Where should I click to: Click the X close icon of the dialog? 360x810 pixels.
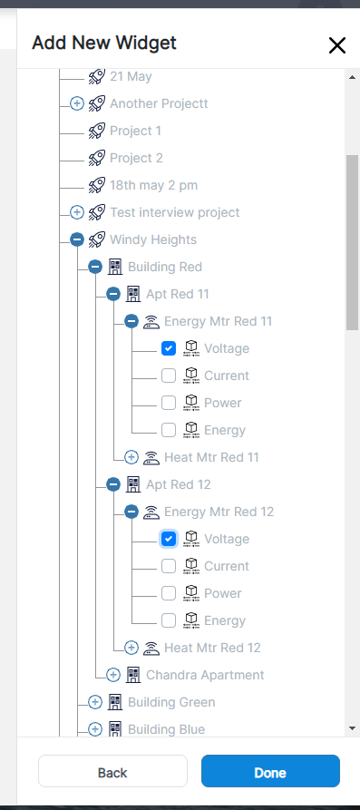point(337,45)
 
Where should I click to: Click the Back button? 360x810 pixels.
point(112,772)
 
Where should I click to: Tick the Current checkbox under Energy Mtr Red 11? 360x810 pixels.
point(169,376)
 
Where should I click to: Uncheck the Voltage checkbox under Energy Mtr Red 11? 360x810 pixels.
point(169,348)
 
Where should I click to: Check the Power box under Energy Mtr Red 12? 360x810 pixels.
point(169,593)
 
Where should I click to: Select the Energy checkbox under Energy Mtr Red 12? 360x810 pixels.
point(169,620)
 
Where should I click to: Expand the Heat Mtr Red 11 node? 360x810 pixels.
point(131,457)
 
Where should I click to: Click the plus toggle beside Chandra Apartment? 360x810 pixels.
point(113,675)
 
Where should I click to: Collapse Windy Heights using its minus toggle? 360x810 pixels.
point(77,239)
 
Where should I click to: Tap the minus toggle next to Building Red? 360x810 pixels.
point(95,267)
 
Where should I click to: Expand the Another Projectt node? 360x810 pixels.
point(77,103)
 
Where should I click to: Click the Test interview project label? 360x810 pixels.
point(175,212)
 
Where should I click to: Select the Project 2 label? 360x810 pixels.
point(136,158)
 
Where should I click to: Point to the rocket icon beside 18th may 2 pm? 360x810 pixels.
point(97,185)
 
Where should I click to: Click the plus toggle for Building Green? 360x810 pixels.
point(95,702)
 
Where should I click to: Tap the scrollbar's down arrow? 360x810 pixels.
point(352,727)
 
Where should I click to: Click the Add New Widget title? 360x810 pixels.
point(104,43)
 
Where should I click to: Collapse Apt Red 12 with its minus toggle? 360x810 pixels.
point(113,484)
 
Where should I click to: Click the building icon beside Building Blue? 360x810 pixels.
point(115,729)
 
